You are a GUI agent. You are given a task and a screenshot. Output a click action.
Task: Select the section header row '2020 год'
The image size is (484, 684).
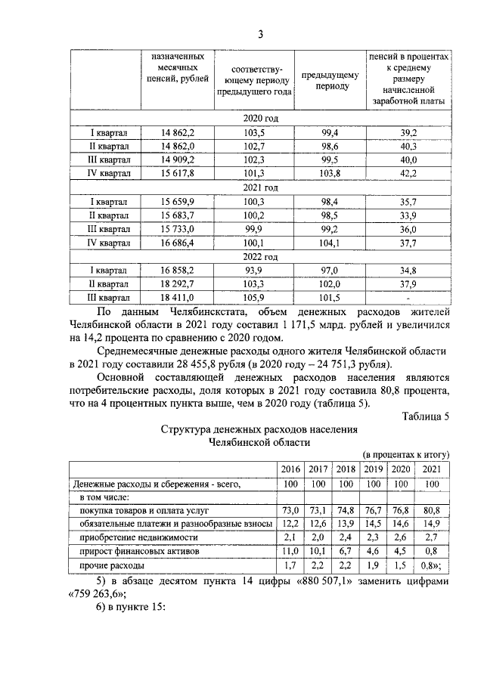click(260, 119)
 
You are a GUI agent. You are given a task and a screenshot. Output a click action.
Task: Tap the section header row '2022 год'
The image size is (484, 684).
click(260, 256)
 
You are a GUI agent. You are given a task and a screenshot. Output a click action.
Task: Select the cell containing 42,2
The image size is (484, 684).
click(408, 173)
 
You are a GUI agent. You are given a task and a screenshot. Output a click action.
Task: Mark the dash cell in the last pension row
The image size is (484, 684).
click(408, 297)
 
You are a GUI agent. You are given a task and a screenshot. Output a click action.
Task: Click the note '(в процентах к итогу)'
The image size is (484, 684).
click(407, 455)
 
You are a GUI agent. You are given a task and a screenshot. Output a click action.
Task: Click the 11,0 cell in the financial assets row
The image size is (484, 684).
click(291, 551)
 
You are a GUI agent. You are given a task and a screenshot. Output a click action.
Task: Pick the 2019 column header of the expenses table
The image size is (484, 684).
click(373, 469)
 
